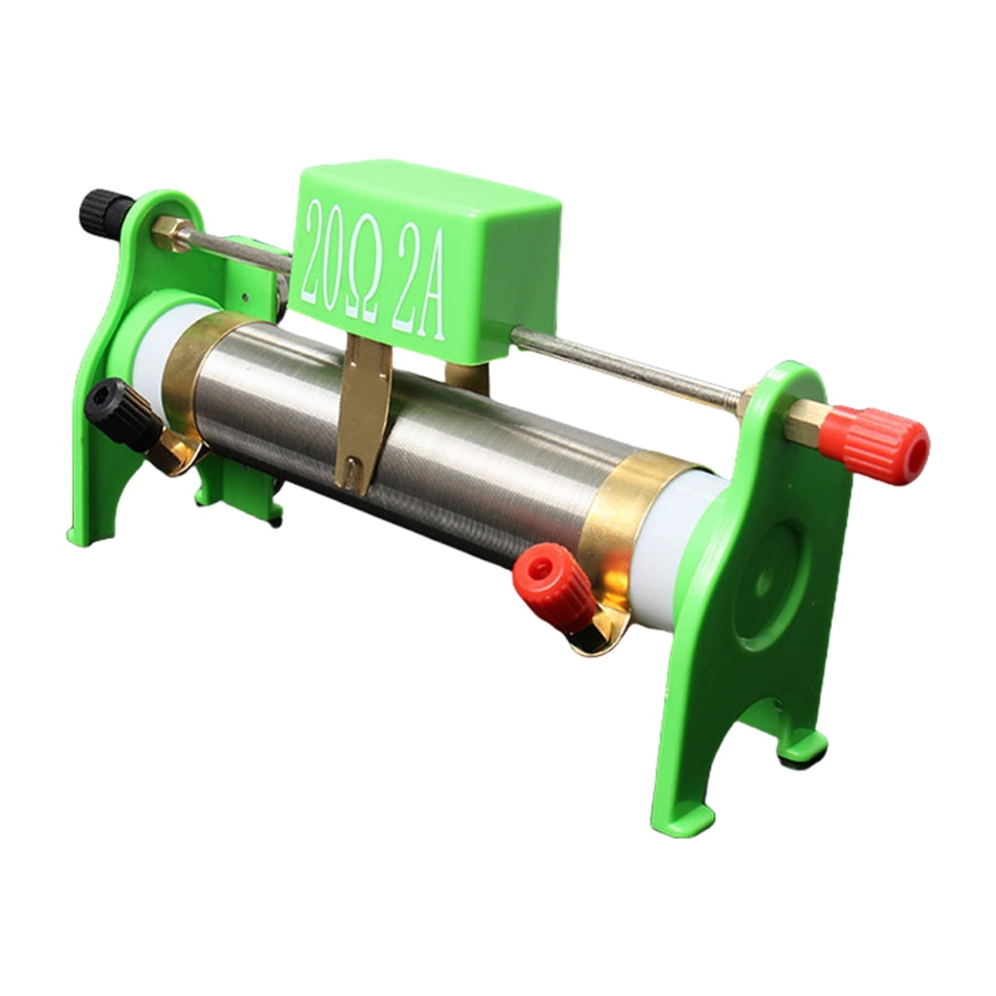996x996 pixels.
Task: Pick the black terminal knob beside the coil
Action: pos(122,413)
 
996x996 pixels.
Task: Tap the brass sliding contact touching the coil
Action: pos(362,412)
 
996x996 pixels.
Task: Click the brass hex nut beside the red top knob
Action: pos(801,422)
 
